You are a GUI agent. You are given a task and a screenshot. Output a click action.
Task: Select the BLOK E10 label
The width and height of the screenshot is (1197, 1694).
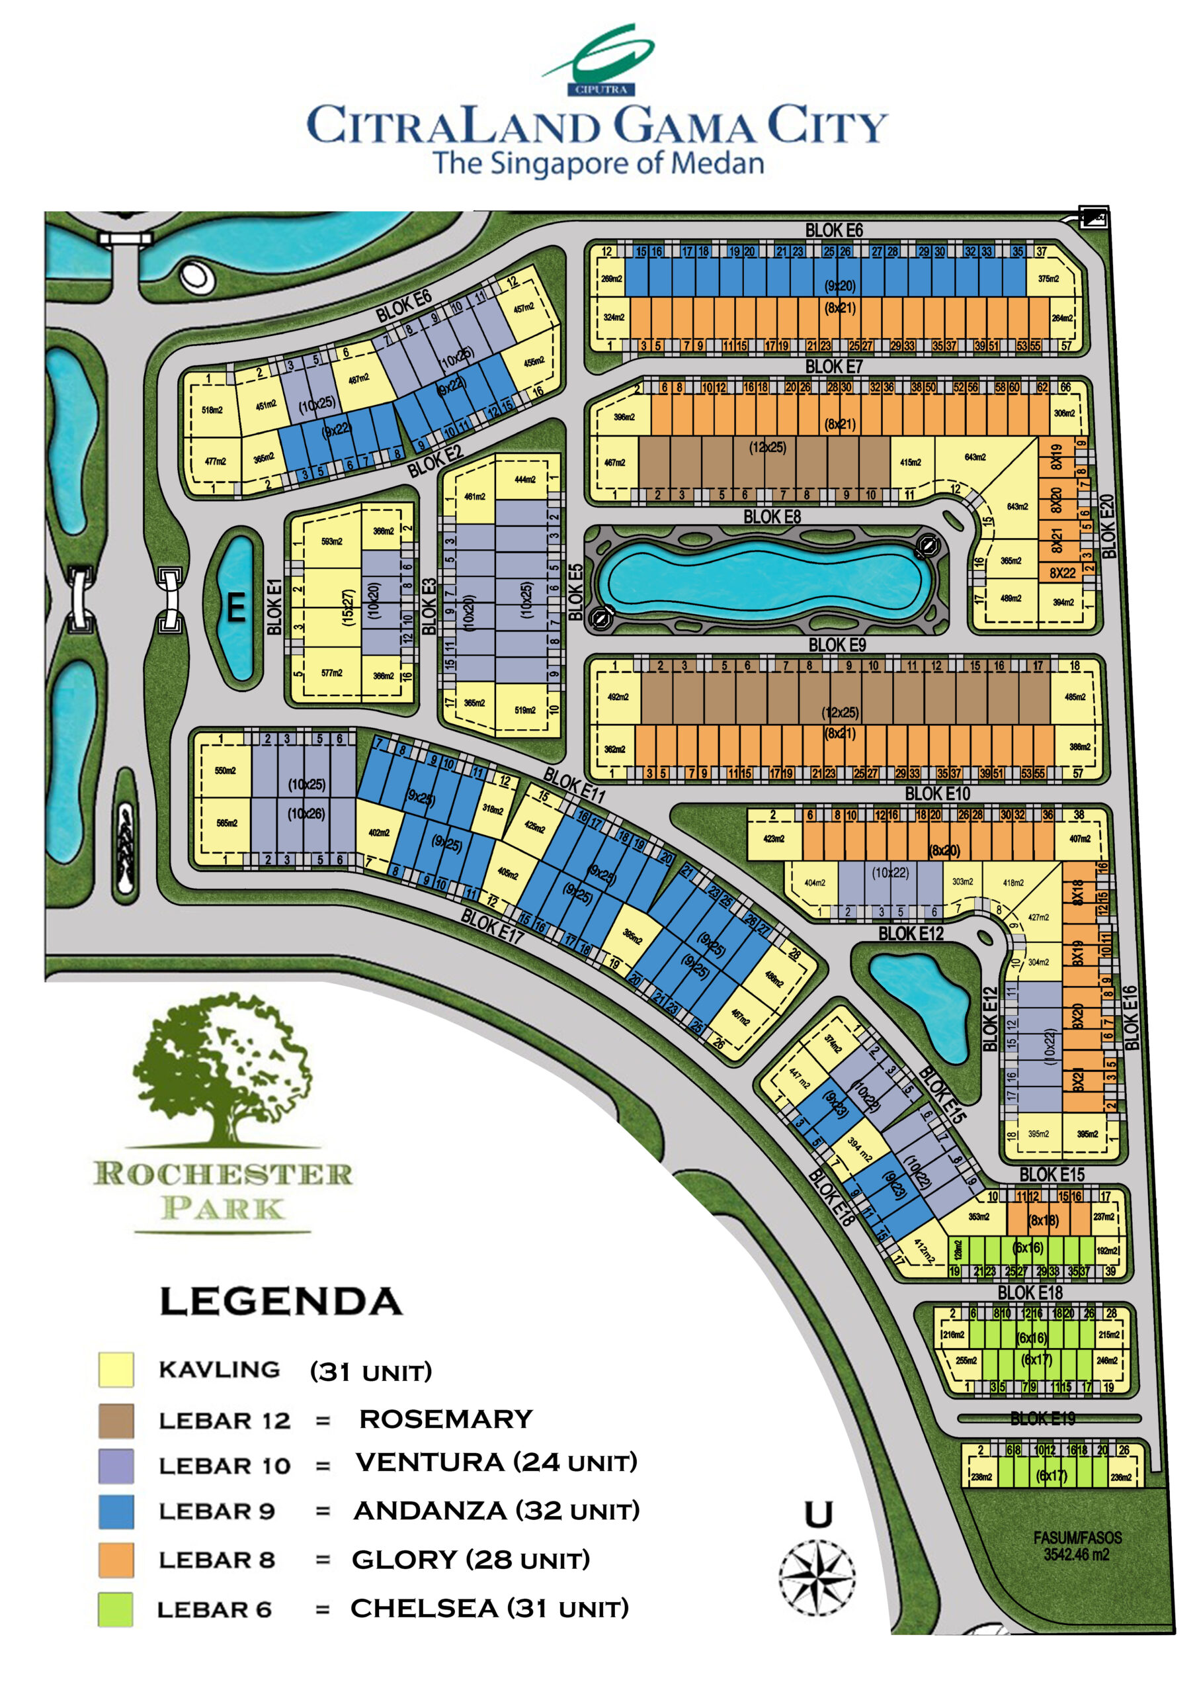pos(937,794)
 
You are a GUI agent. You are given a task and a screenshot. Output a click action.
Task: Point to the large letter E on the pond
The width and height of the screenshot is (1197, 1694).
pos(236,608)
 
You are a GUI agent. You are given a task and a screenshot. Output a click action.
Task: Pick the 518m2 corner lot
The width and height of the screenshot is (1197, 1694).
pos(212,410)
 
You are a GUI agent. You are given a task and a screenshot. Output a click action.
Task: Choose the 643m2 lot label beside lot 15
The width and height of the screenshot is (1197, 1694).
pos(1017,507)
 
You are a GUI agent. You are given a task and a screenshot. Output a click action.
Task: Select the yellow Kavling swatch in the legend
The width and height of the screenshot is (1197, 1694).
pos(116,1370)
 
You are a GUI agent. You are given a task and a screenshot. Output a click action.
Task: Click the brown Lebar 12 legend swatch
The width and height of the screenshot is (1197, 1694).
pos(116,1421)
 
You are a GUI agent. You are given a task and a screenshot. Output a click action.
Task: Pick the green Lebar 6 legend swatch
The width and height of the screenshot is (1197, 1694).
pos(116,1609)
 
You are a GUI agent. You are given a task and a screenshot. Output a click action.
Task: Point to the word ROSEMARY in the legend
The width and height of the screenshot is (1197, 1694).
pos(446,1419)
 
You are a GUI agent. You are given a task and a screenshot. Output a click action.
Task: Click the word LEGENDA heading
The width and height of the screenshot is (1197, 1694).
pos(281,1302)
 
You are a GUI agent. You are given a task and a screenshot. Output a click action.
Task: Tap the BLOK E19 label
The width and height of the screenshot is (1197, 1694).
pos(1042,1418)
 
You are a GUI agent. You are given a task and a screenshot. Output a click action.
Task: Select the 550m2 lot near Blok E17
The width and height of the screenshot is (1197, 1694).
pos(225,770)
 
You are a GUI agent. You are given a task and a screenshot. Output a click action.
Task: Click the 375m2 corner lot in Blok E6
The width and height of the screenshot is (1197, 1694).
pos(1048,279)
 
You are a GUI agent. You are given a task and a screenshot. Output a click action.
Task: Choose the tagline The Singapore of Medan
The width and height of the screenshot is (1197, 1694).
pos(598,163)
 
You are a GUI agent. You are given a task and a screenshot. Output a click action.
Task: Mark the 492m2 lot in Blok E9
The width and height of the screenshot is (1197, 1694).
pos(618,697)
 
